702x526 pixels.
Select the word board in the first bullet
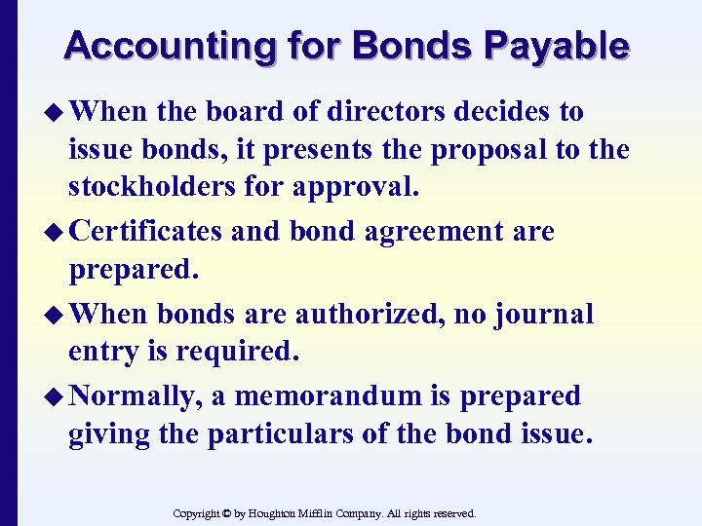(241, 111)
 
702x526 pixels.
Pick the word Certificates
(148, 232)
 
